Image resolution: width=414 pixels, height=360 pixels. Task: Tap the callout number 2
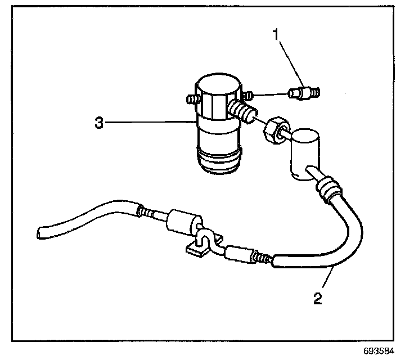(318, 298)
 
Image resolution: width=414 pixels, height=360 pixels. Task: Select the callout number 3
(99, 123)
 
